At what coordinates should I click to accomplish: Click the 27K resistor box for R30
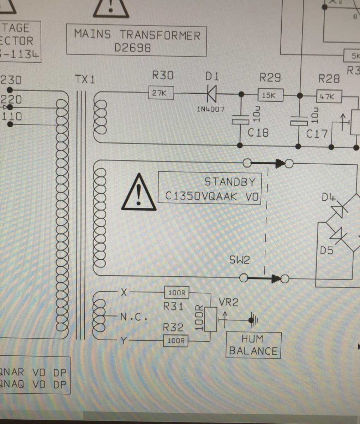tap(161, 93)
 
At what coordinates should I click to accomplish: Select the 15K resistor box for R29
tap(271, 95)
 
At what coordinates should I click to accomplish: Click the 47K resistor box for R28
tap(329, 96)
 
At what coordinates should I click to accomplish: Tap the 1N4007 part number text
tap(210, 109)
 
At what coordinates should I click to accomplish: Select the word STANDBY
tap(230, 182)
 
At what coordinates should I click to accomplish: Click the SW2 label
tap(239, 260)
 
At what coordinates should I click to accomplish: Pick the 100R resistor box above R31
tap(177, 293)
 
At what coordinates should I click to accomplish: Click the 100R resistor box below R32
tap(176, 341)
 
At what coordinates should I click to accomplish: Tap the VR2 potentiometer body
tap(211, 319)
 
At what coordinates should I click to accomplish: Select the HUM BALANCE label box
tap(253, 345)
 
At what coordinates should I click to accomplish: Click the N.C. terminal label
tap(133, 317)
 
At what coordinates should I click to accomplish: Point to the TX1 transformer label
tap(85, 79)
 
